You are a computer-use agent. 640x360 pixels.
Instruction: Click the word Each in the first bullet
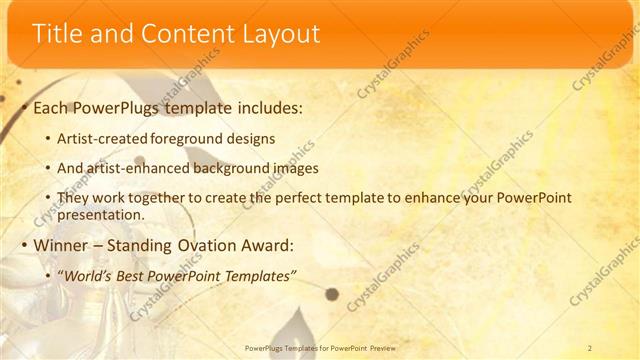(x=52, y=106)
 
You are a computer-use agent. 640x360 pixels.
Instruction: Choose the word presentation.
(x=103, y=214)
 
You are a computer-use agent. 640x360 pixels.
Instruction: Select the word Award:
(x=265, y=245)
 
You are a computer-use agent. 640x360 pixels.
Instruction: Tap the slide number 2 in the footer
(x=590, y=347)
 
